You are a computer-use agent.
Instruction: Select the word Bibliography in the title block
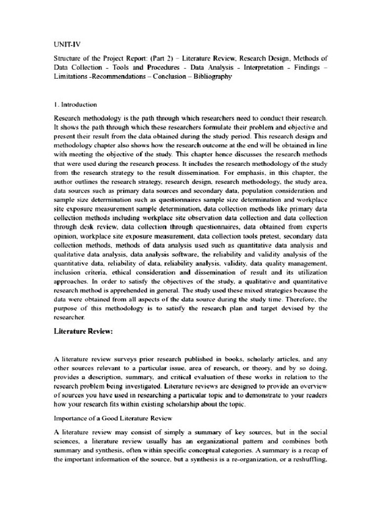(x=211, y=77)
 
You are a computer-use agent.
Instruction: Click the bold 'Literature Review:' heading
(x=83, y=332)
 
